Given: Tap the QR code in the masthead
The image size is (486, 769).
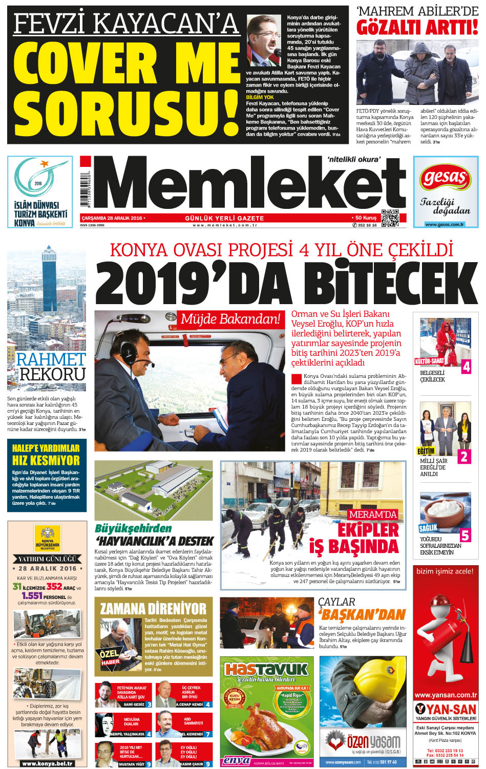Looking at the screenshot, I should click(390, 218).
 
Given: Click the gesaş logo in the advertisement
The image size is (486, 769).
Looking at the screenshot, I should click(445, 179).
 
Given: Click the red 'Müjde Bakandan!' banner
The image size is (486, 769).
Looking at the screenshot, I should click(230, 318).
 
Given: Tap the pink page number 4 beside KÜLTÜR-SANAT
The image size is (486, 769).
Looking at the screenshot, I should click(466, 367).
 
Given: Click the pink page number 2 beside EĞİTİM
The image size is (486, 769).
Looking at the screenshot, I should click(464, 457).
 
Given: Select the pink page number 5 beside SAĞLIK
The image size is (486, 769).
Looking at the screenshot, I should click(465, 535).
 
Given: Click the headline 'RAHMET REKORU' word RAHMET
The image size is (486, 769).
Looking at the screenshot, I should click(50, 359).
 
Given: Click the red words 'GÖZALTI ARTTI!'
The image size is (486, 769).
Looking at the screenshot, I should click(417, 28).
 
